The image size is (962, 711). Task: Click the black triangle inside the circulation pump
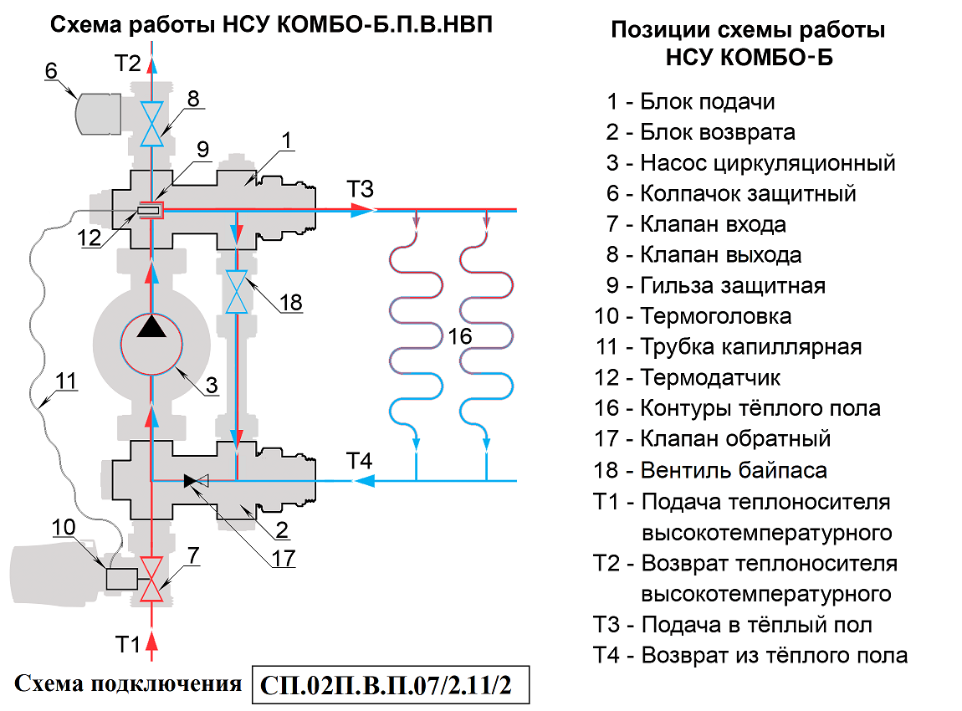click(x=151, y=325)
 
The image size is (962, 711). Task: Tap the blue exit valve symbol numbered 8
click(x=151, y=124)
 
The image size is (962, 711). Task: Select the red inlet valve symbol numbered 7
click(x=151, y=579)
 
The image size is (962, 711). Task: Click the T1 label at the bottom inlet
click(x=127, y=645)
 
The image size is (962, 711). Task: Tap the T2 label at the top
click(x=128, y=63)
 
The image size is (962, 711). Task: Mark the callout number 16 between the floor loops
click(x=460, y=336)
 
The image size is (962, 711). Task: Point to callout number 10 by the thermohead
click(x=64, y=528)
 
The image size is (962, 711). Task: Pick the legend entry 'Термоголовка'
click(x=715, y=316)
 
